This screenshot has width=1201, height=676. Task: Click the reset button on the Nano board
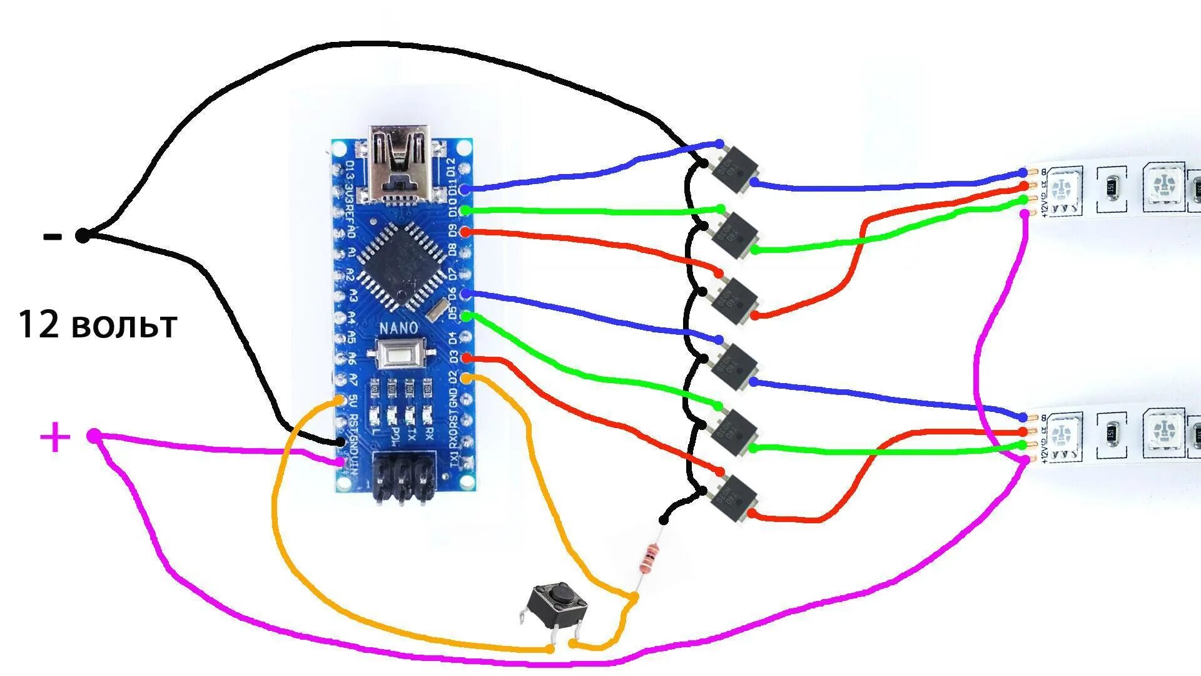coord(400,357)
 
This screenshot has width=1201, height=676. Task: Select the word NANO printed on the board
coord(398,328)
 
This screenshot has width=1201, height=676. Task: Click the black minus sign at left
coord(53,237)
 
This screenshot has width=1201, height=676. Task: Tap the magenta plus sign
coord(55,437)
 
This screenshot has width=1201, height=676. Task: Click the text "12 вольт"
coord(98,325)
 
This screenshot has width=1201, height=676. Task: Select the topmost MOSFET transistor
coord(736,167)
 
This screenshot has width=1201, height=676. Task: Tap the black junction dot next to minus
coord(83,236)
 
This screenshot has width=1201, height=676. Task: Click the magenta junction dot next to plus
coord(93,436)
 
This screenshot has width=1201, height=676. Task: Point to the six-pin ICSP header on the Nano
coord(403,479)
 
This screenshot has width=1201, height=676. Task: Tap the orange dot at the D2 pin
coord(466,378)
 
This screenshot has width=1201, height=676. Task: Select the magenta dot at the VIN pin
coord(340,462)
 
